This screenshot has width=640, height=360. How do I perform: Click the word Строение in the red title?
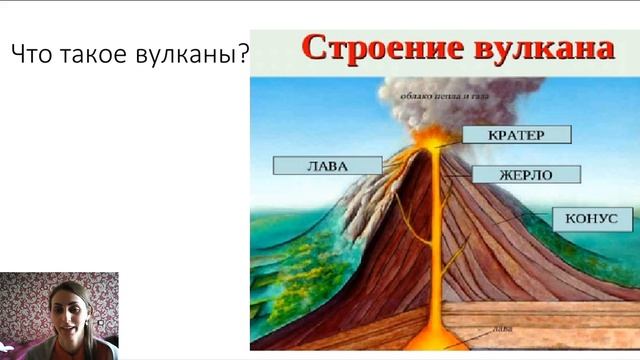371,49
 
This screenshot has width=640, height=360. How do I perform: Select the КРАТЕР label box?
516,135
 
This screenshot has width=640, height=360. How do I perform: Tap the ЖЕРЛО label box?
525,174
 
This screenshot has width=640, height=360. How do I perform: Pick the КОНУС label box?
591,219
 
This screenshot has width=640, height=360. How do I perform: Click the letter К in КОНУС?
568,219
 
